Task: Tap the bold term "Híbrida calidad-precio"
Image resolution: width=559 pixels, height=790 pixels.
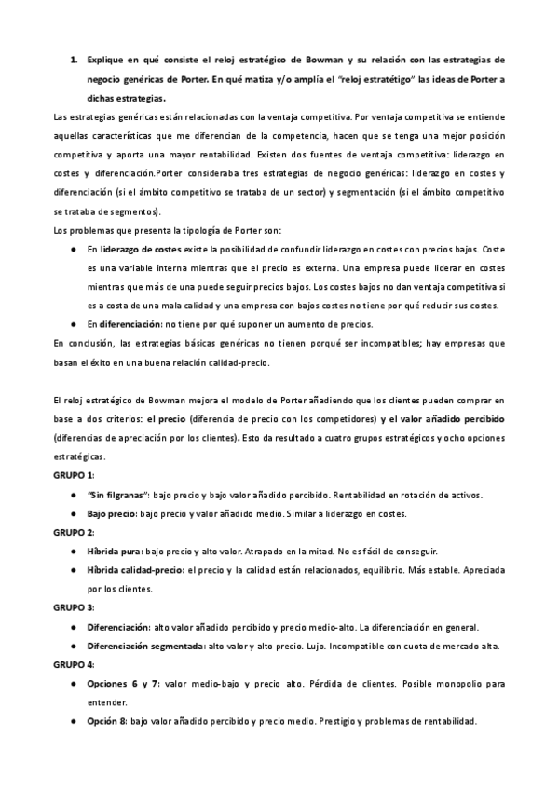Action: click(135, 569)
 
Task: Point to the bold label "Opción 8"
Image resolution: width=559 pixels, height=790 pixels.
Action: click(107, 721)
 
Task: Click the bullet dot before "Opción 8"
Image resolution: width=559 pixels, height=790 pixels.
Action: click(74, 721)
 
